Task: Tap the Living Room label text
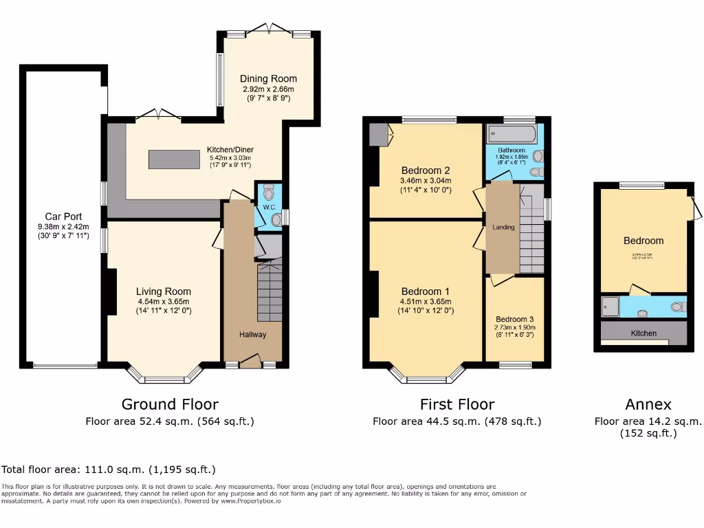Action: point(163,291)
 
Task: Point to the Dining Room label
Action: point(268,78)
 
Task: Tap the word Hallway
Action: point(252,334)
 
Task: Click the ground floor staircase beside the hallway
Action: point(269,292)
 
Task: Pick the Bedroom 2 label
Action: point(426,170)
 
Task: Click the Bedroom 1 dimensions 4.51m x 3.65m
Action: point(426,300)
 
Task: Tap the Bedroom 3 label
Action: point(515,319)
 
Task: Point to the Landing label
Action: point(503,227)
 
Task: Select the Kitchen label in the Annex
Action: point(643,333)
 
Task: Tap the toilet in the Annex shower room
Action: point(677,307)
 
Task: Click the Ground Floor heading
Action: point(170,404)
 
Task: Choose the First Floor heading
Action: point(456,404)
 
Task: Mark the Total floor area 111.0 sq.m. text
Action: point(109,470)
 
